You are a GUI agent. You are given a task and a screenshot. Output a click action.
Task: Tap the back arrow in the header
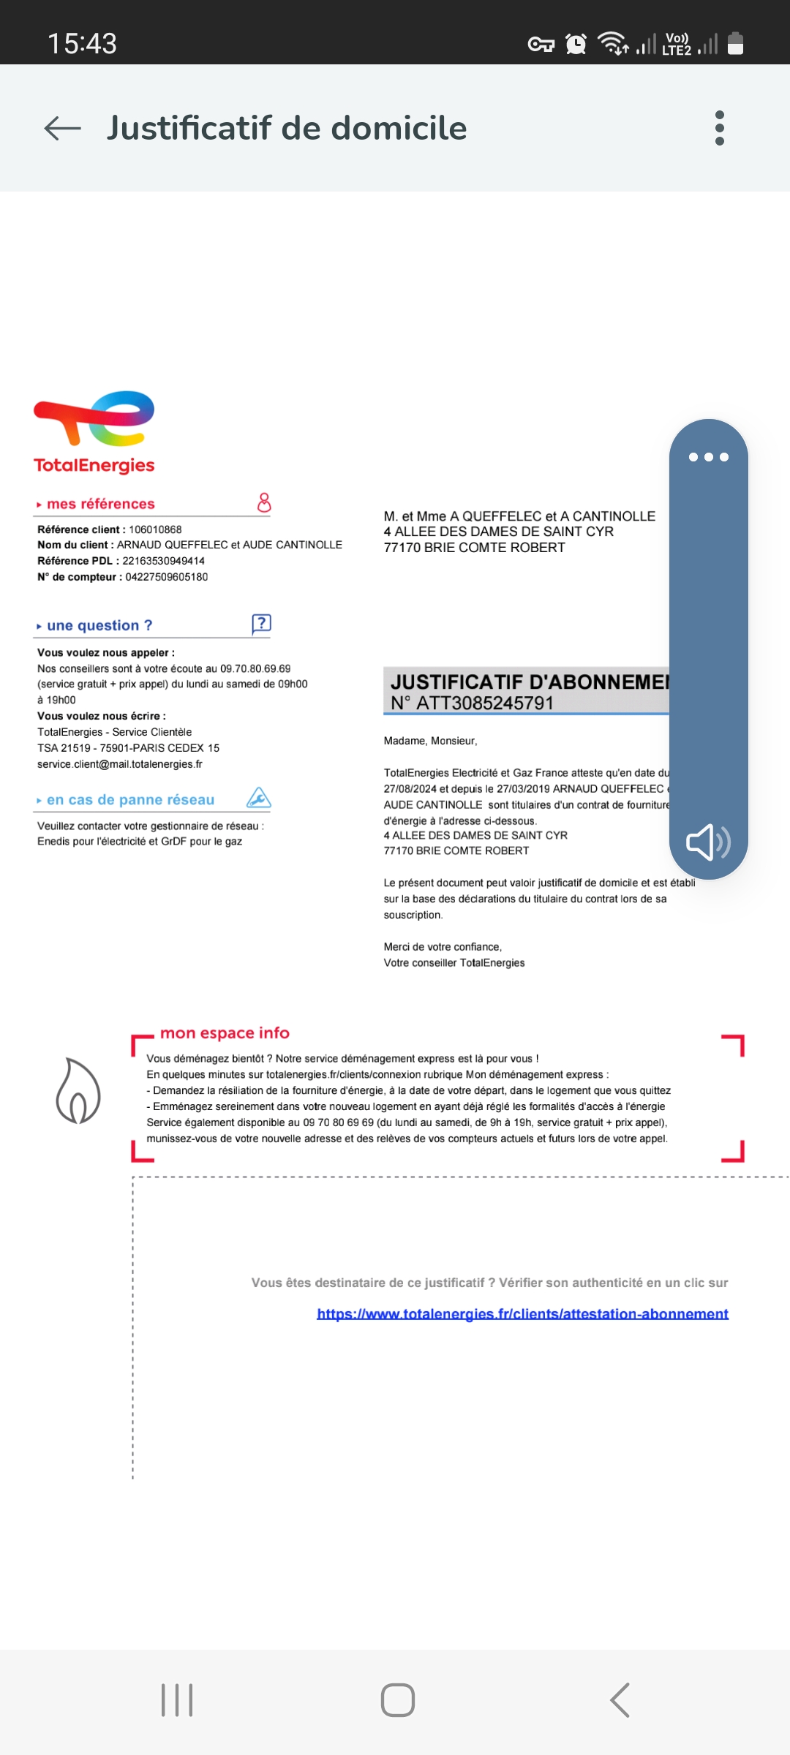click(63, 129)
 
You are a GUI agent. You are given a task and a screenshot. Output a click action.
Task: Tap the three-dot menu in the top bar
click(720, 129)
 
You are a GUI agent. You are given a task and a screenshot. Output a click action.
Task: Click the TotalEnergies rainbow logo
click(94, 420)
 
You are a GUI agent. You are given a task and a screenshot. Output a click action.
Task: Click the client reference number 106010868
click(155, 529)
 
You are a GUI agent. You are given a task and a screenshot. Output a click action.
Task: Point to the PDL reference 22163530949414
click(163, 561)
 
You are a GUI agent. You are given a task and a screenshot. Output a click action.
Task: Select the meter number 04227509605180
click(166, 577)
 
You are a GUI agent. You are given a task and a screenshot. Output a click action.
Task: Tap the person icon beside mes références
click(264, 502)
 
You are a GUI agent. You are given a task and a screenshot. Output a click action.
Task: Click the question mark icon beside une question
click(261, 624)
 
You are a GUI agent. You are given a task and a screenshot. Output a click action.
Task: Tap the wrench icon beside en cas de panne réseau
click(259, 798)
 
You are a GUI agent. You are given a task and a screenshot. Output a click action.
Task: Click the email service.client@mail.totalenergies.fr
click(120, 764)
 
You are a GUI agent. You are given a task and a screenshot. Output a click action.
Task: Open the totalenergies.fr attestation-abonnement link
click(522, 1314)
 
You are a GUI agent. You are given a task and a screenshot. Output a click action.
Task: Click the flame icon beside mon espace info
click(78, 1091)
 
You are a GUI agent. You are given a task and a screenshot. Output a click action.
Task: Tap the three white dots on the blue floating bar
click(708, 457)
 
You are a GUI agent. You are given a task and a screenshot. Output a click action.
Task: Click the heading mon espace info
click(225, 1033)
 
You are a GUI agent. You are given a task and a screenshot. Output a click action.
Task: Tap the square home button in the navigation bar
click(398, 1700)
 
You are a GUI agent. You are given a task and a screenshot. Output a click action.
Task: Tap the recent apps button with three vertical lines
click(177, 1700)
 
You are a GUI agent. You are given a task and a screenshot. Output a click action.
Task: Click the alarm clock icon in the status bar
click(576, 45)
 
